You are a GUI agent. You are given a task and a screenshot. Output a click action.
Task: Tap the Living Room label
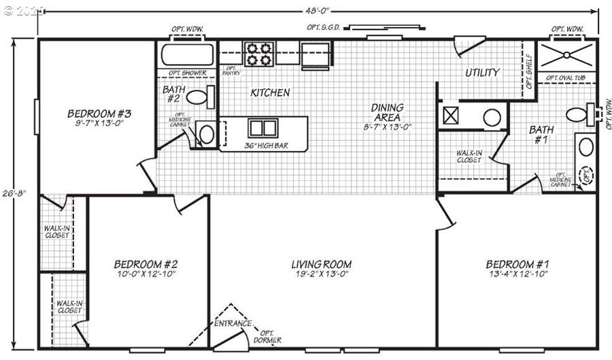tap(322, 264)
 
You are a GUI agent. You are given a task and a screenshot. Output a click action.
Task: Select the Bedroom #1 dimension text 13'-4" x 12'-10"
tap(517, 274)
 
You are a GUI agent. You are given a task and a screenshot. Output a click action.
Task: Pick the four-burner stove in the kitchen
tap(259, 54)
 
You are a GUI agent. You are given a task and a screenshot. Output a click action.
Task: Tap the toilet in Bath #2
tap(197, 97)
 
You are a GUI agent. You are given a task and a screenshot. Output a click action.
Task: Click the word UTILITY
tap(482, 72)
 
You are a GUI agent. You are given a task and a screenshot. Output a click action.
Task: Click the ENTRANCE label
tap(233, 323)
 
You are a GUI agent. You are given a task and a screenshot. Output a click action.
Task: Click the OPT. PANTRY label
tap(231, 71)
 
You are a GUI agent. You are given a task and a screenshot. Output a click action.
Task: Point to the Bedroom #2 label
tap(146, 264)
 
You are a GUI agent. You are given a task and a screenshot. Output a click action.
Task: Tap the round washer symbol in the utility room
tap(492, 116)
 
